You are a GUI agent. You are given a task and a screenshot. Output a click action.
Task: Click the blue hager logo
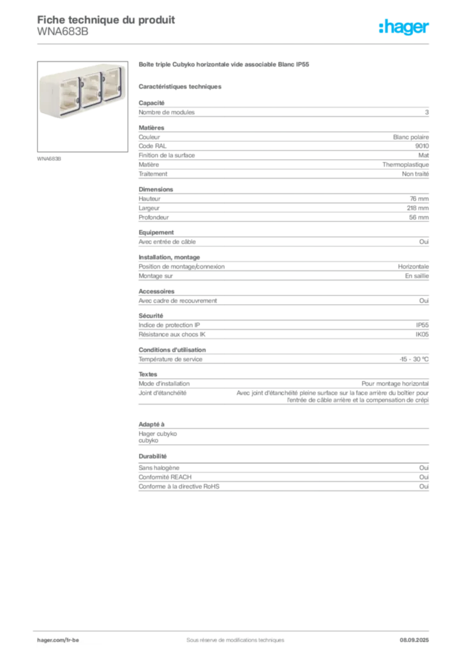point(405,27)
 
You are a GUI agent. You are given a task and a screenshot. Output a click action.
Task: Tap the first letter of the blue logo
point(382,27)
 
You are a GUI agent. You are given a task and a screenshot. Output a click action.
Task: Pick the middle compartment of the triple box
point(91,90)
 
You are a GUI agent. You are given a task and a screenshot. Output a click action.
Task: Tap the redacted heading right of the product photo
point(224,66)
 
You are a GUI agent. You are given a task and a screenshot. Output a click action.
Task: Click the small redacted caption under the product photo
point(50,159)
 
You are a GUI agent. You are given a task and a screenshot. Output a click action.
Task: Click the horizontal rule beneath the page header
point(235,43)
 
